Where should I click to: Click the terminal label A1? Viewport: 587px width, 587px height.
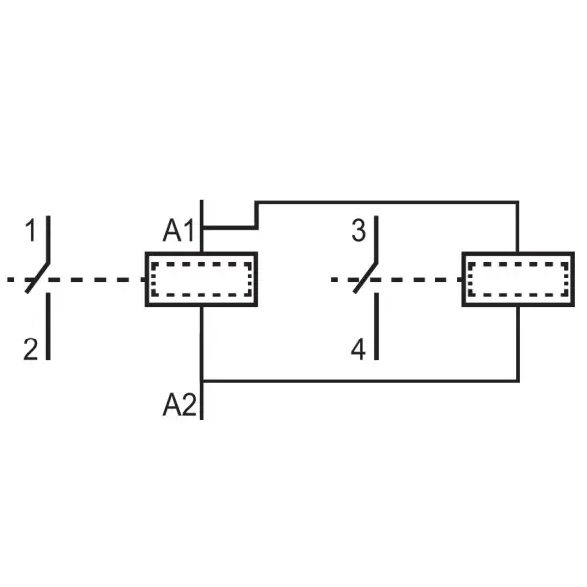pos(179,231)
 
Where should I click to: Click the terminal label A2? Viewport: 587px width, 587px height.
pos(180,405)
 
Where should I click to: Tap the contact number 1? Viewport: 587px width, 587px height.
pos(31,230)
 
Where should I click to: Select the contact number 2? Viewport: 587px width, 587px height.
pos(31,349)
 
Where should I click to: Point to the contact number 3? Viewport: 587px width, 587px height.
pos(358,231)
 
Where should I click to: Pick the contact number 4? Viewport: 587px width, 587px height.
pos(358,349)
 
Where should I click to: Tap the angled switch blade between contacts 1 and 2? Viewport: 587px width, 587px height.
pos(37,277)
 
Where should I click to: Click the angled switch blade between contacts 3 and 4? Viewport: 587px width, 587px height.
pos(365,277)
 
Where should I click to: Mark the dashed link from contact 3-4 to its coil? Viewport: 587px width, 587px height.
pos(396,279)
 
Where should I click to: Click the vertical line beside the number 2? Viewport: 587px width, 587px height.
pos(48,326)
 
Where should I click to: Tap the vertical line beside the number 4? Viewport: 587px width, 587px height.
pos(376,326)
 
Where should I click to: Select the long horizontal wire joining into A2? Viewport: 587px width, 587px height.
pos(361,381)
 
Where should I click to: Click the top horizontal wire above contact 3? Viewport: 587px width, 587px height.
pos(387,203)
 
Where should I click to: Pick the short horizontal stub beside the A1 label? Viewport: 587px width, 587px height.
pos(230,227)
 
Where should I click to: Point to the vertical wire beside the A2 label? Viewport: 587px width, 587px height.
pos(202,363)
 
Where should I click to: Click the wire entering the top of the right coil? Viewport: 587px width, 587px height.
pos(518,228)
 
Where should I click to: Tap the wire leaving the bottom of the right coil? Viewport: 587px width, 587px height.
pos(519,343)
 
